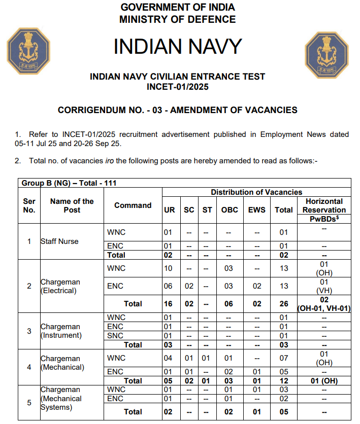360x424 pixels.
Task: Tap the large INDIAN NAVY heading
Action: (178, 46)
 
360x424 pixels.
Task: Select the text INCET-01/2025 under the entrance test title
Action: (178, 86)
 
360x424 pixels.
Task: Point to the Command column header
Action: (133, 205)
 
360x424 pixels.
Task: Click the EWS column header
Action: (257, 209)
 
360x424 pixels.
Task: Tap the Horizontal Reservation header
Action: (324, 205)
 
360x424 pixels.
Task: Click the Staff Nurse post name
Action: (60, 241)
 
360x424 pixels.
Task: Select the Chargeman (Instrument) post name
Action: (61, 331)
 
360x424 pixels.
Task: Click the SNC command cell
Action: (116, 336)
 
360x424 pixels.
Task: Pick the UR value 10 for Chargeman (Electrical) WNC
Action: (168, 268)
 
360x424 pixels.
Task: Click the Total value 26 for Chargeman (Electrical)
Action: (284, 304)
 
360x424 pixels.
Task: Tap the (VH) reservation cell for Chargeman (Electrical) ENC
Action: (324, 286)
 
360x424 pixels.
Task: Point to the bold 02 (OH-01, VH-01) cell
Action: (324, 304)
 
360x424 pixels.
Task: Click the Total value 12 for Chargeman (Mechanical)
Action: (284, 381)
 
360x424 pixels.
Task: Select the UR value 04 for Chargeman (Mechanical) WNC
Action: (168, 359)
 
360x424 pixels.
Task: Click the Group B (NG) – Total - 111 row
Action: (71, 183)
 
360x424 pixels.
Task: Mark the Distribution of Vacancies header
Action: (256, 192)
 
